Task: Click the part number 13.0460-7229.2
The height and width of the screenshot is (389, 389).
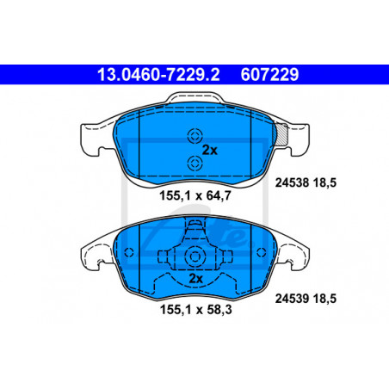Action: (x=158, y=75)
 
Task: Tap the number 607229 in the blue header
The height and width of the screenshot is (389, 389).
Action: (x=269, y=75)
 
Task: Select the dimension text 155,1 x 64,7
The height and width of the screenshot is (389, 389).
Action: (x=195, y=196)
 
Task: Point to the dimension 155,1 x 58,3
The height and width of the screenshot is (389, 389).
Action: (x=195, y=310)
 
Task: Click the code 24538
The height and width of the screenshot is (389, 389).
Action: (x=292, y=182)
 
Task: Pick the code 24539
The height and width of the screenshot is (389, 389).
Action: (x=292, y=299)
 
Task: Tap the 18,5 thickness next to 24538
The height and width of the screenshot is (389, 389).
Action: (x=324, y=182)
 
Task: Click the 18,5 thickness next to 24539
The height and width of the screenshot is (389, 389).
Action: (x=324, y=299)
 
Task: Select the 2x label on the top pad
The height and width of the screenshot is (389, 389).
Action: (x=210, y=150)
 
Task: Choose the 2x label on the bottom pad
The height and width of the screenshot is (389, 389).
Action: (x=196, y=279)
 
